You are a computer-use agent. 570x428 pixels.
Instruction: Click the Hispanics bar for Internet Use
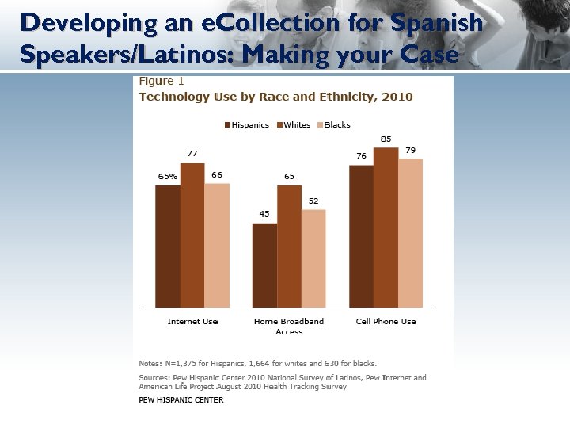[x=168, y=246]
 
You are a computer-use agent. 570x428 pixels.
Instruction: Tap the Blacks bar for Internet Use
[x=217, y=245]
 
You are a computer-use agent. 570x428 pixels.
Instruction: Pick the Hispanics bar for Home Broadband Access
[x=264, y=265]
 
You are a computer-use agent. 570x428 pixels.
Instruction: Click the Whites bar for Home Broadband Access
[x=289, y=246]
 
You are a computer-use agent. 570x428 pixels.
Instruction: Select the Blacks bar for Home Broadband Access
[x=313, y=258]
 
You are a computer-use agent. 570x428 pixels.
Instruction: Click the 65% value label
[x=167, y=177]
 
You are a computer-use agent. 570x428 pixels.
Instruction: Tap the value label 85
[x=386, y=139]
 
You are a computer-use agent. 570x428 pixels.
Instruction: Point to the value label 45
[x=264, y=214]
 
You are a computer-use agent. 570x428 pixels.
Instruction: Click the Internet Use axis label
[x=192, y=321]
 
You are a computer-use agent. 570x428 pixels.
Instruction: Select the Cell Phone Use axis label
[x=386, y=321]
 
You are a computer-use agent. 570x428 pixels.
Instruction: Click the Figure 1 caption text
[x=161, y=82]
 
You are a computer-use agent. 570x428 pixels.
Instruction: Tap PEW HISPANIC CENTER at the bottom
[x=181, y=400]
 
